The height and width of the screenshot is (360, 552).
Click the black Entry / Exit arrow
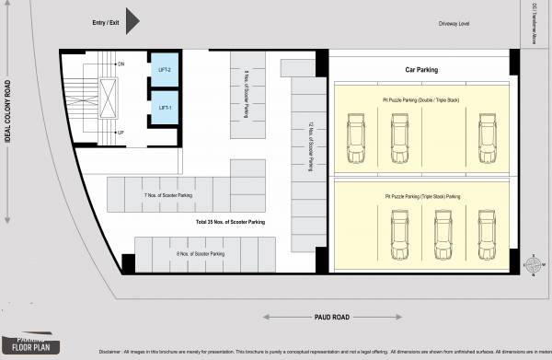pyautogui.click(x=132, y=19)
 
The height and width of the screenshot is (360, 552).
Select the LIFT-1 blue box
pyautogui.click(x=165, y=108)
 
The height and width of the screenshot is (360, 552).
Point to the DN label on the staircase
pyautogui.click(x=121, y=64)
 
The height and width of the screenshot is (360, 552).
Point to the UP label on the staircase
pyautogui.click(x=121, y=133)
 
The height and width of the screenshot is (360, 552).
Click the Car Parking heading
pyautogui.click(x=421, y=69)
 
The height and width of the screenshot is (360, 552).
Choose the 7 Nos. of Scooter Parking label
pyautogui.click(x=168, y=195)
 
